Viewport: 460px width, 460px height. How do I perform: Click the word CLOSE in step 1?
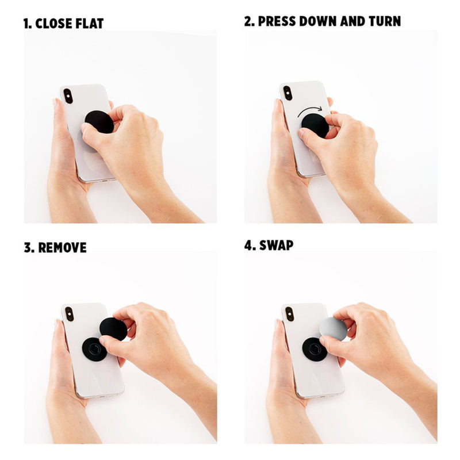point(54,24)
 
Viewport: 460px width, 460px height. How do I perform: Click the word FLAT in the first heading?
point(90,24)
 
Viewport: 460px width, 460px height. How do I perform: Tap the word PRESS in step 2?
point(277,21)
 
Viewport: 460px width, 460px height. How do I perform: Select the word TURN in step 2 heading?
point(385,21)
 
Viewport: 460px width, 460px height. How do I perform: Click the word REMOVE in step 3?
point(62,248)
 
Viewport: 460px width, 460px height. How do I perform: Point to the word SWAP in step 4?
point(276,246)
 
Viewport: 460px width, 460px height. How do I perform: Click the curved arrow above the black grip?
point(310,111)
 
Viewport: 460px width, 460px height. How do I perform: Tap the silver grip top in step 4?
point(333,328)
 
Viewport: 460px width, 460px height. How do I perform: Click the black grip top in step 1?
point(99,122)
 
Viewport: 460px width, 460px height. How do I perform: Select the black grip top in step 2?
point(315,125)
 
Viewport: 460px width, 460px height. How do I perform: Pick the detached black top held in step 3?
point(113,329)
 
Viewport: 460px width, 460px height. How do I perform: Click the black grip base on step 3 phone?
point(94,349)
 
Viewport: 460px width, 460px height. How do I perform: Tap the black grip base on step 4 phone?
point(315,349)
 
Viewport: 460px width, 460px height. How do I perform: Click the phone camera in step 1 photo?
point(68,96)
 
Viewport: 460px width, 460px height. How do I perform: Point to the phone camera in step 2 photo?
point(288,93)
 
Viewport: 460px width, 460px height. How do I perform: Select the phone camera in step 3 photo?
point(70,314)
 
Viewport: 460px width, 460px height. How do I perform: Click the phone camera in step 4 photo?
point(289,314)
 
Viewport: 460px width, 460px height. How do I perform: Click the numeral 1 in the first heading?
point(26,24)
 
